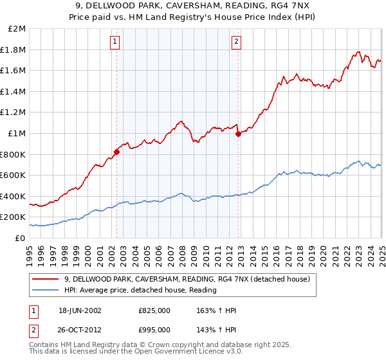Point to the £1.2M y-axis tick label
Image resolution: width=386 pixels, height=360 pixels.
pos(14,113)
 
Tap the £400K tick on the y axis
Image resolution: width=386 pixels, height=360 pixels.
pos(14,196)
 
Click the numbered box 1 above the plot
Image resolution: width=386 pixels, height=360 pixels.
pos(115,42)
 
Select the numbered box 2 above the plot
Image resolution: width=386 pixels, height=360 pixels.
pos(236,42)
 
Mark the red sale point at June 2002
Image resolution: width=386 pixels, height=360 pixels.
pos(116,152)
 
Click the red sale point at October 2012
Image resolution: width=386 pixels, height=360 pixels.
pos(238,134)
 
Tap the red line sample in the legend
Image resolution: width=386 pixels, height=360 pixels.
pos(46,280)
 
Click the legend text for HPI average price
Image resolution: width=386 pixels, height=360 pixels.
pos(140,290)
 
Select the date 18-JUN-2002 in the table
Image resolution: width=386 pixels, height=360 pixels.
pos(80,310)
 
